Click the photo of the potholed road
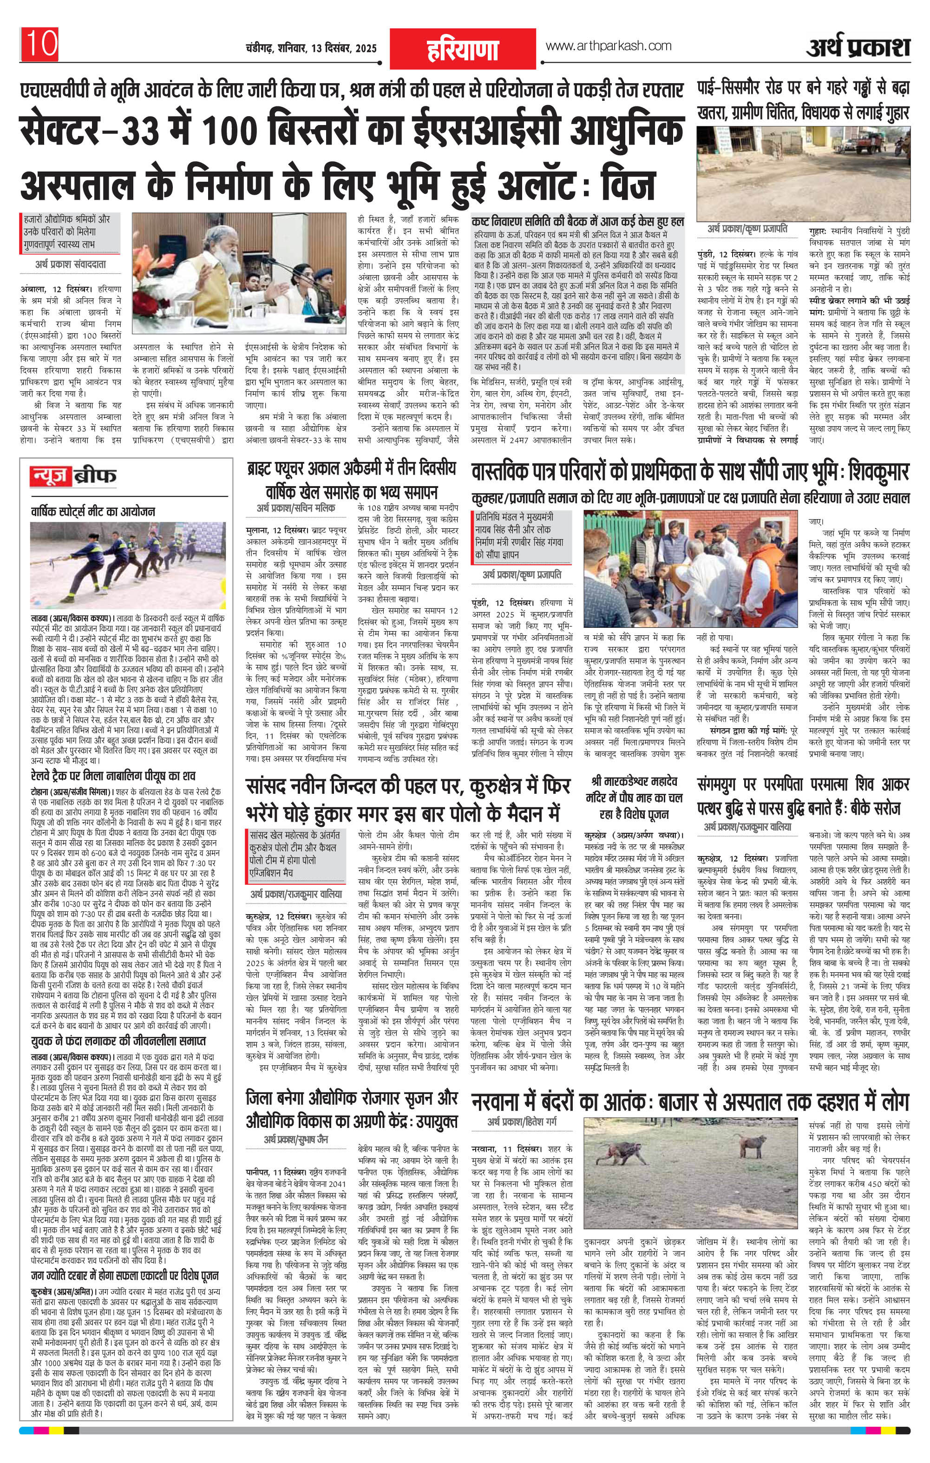click(x=804, y=171)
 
